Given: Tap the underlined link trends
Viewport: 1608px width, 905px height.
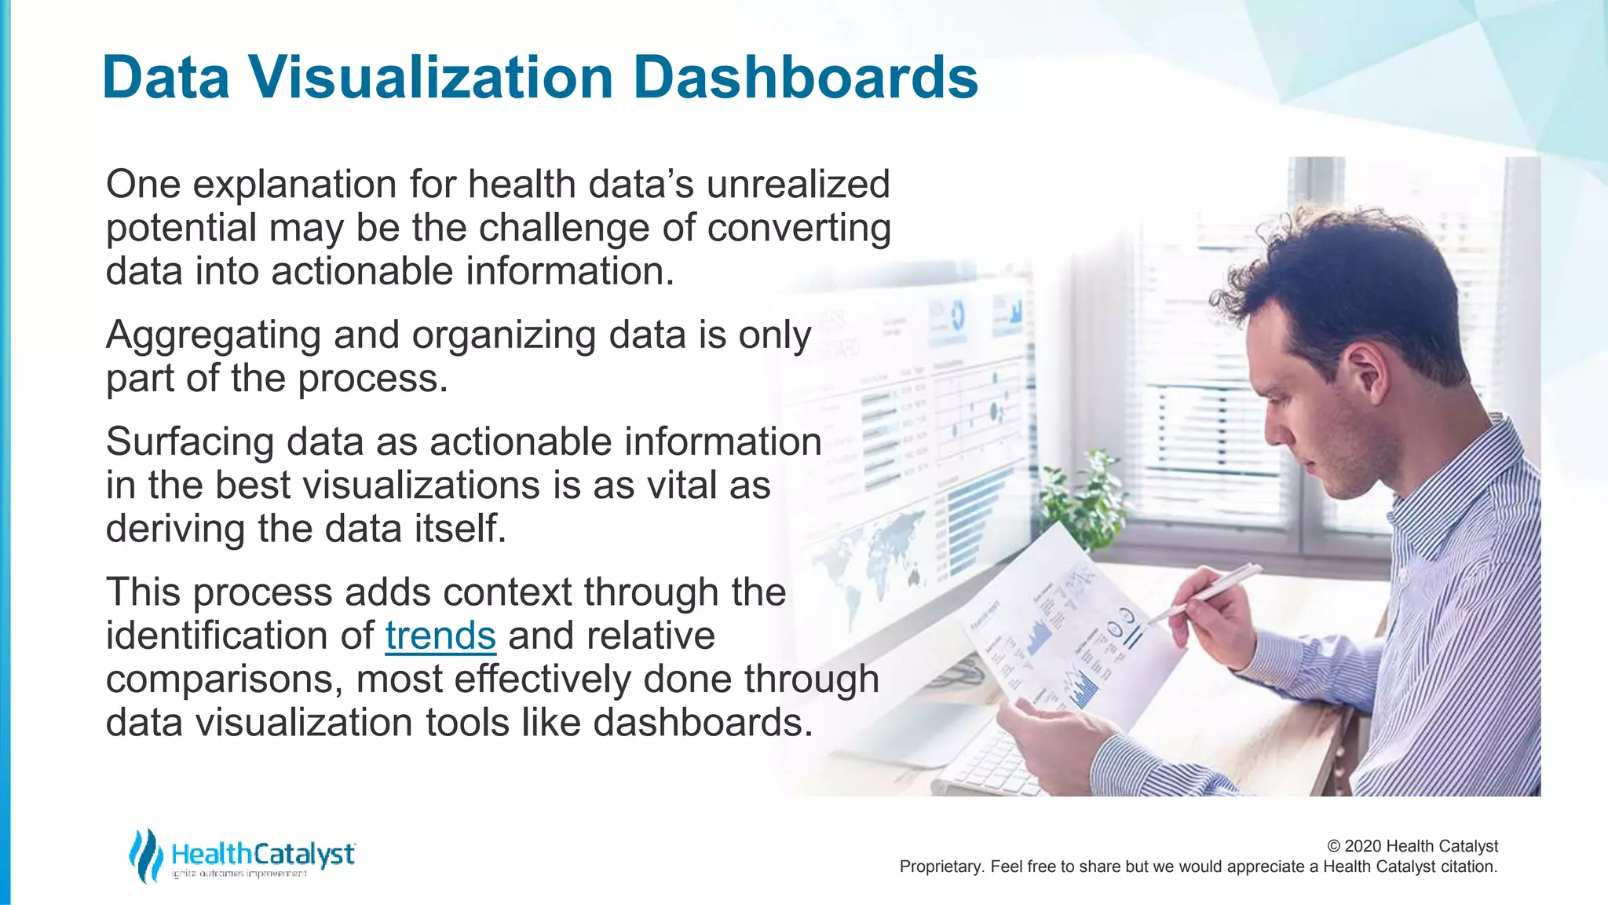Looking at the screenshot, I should click(440, 636).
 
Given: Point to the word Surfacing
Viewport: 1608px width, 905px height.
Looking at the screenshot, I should click(189, 442).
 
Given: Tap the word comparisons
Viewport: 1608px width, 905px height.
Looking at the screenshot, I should click(224, 680).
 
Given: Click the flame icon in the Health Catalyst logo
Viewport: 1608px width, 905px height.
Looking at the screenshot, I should click(145, 855).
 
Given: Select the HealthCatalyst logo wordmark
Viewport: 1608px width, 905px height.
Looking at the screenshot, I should click(263, 854).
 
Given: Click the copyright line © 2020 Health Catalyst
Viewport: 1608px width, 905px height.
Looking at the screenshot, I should click(1412, 846).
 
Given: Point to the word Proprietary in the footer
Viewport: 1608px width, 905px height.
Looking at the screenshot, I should click(939, 867).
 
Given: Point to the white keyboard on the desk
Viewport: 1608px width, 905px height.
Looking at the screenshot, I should click(989, 762).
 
